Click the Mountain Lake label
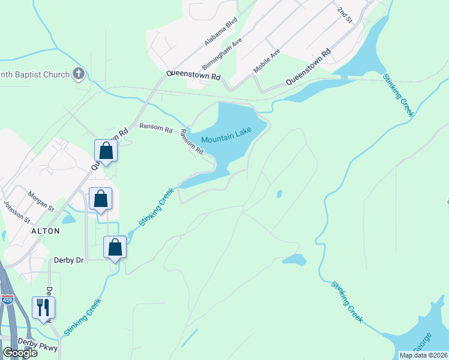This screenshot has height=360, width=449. click(x=226, y=139)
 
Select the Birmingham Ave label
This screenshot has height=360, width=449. click(x=221, y=53)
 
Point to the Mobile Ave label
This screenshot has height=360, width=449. click(x=267, y=61)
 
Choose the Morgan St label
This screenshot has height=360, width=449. click(x=41, y=201)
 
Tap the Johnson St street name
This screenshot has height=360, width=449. click(x=16, y=212)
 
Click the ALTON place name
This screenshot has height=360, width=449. click(x=45, y=231)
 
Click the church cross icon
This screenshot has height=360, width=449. click(x=78, y=74)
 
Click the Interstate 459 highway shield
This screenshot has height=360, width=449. click(x=8, y=300)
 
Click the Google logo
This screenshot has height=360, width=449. click(x=20, y=353)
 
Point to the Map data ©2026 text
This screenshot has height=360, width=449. click(x=423, y=355)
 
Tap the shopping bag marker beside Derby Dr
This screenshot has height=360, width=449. click(x=115, y=247)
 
